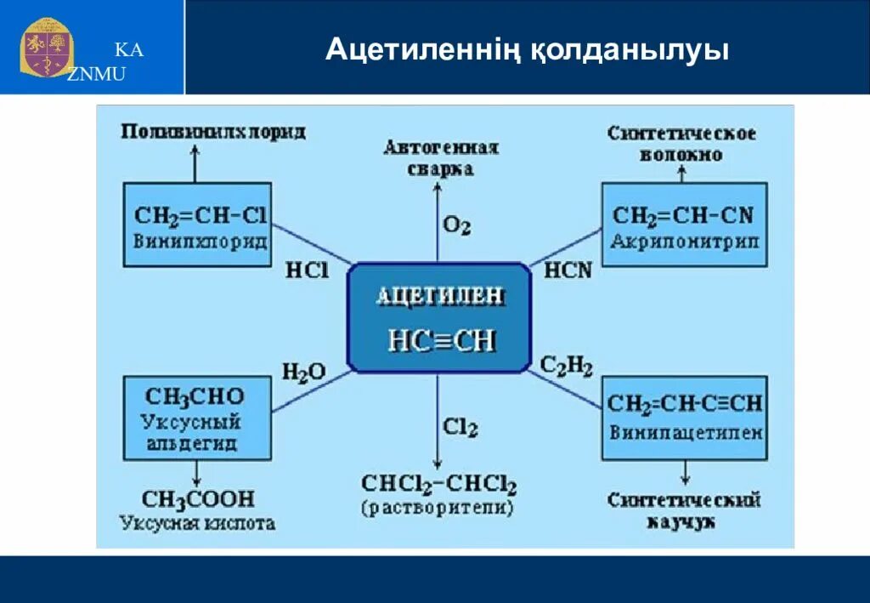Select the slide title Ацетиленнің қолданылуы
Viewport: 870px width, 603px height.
527,50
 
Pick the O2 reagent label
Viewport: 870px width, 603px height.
456,225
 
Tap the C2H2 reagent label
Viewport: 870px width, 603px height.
567,367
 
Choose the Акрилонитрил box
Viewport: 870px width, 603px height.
684,225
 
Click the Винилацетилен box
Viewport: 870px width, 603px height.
685,417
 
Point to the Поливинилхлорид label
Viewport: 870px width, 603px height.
212,132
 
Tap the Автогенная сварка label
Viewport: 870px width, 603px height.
441,157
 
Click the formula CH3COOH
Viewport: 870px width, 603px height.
198,499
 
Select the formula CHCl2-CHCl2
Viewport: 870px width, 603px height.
438,485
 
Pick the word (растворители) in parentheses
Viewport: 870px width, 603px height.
438,509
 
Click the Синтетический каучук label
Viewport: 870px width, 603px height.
684,510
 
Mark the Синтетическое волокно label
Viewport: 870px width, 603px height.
683,144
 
